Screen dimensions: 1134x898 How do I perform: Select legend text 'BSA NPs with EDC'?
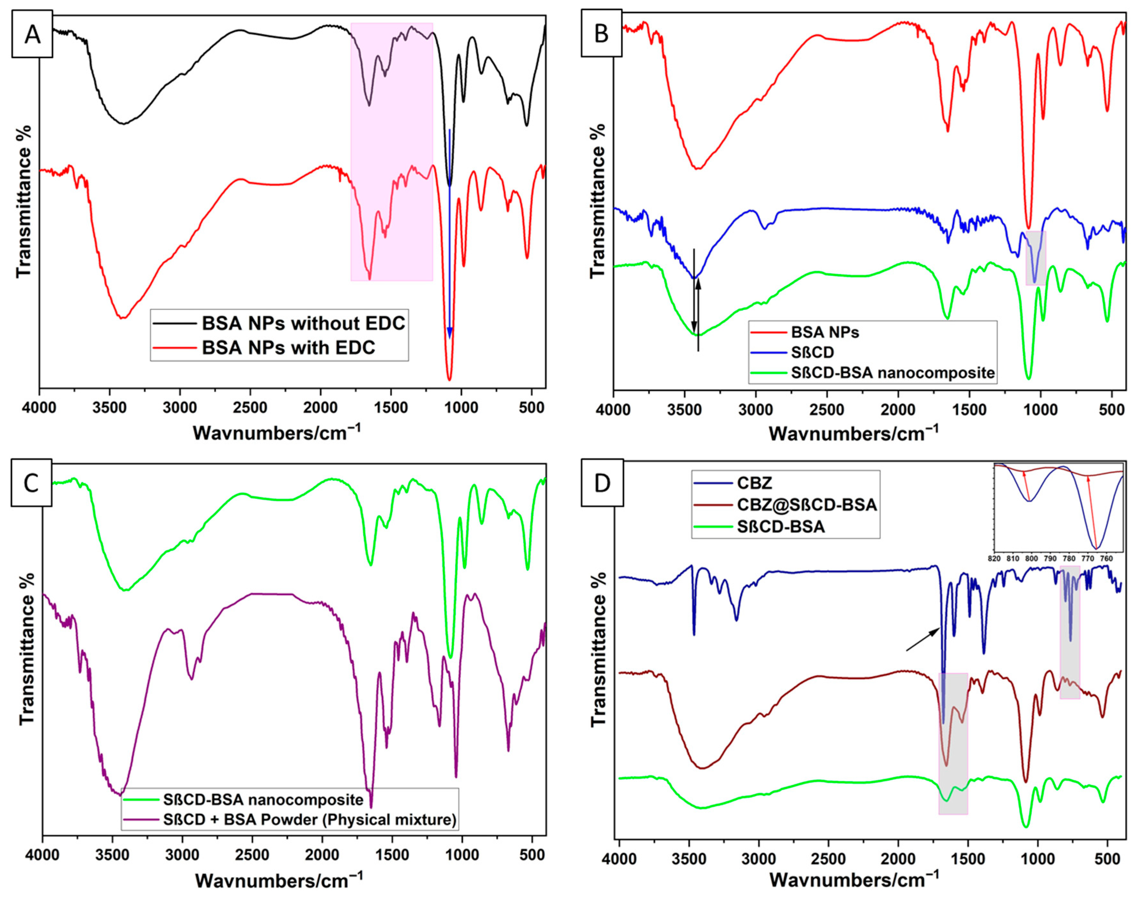click(289, 348)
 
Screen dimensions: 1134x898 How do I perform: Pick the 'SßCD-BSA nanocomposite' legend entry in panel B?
click(893, 373)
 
